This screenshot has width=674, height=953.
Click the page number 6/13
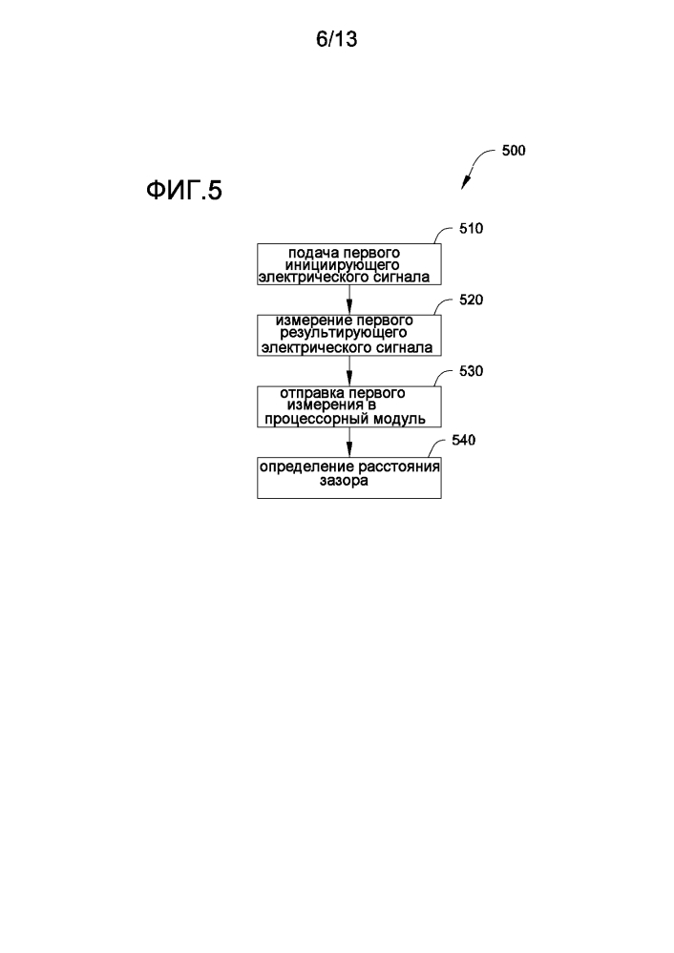336,40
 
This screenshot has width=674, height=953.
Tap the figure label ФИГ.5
182,193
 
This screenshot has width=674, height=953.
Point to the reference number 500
513,151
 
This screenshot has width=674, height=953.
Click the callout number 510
472,229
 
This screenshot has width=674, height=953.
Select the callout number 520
472,300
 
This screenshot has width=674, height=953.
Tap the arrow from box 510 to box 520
349,300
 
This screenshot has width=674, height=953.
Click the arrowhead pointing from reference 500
467,184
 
